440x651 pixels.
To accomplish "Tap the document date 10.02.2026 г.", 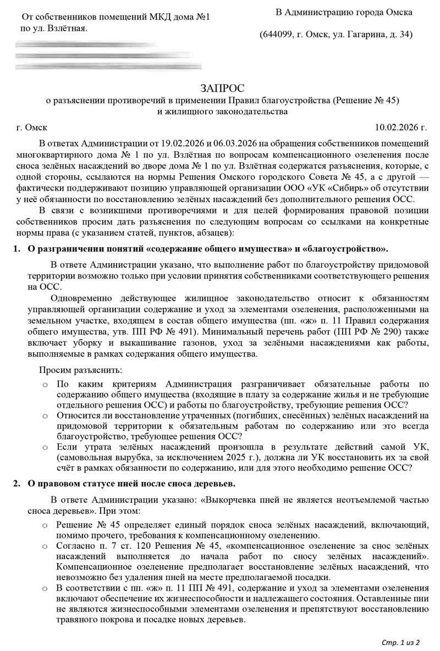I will (400, 127).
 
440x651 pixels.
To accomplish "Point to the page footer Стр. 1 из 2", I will (400, 642).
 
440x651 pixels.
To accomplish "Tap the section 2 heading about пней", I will (131, 483).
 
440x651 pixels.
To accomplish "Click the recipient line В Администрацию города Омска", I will (343, 12).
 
